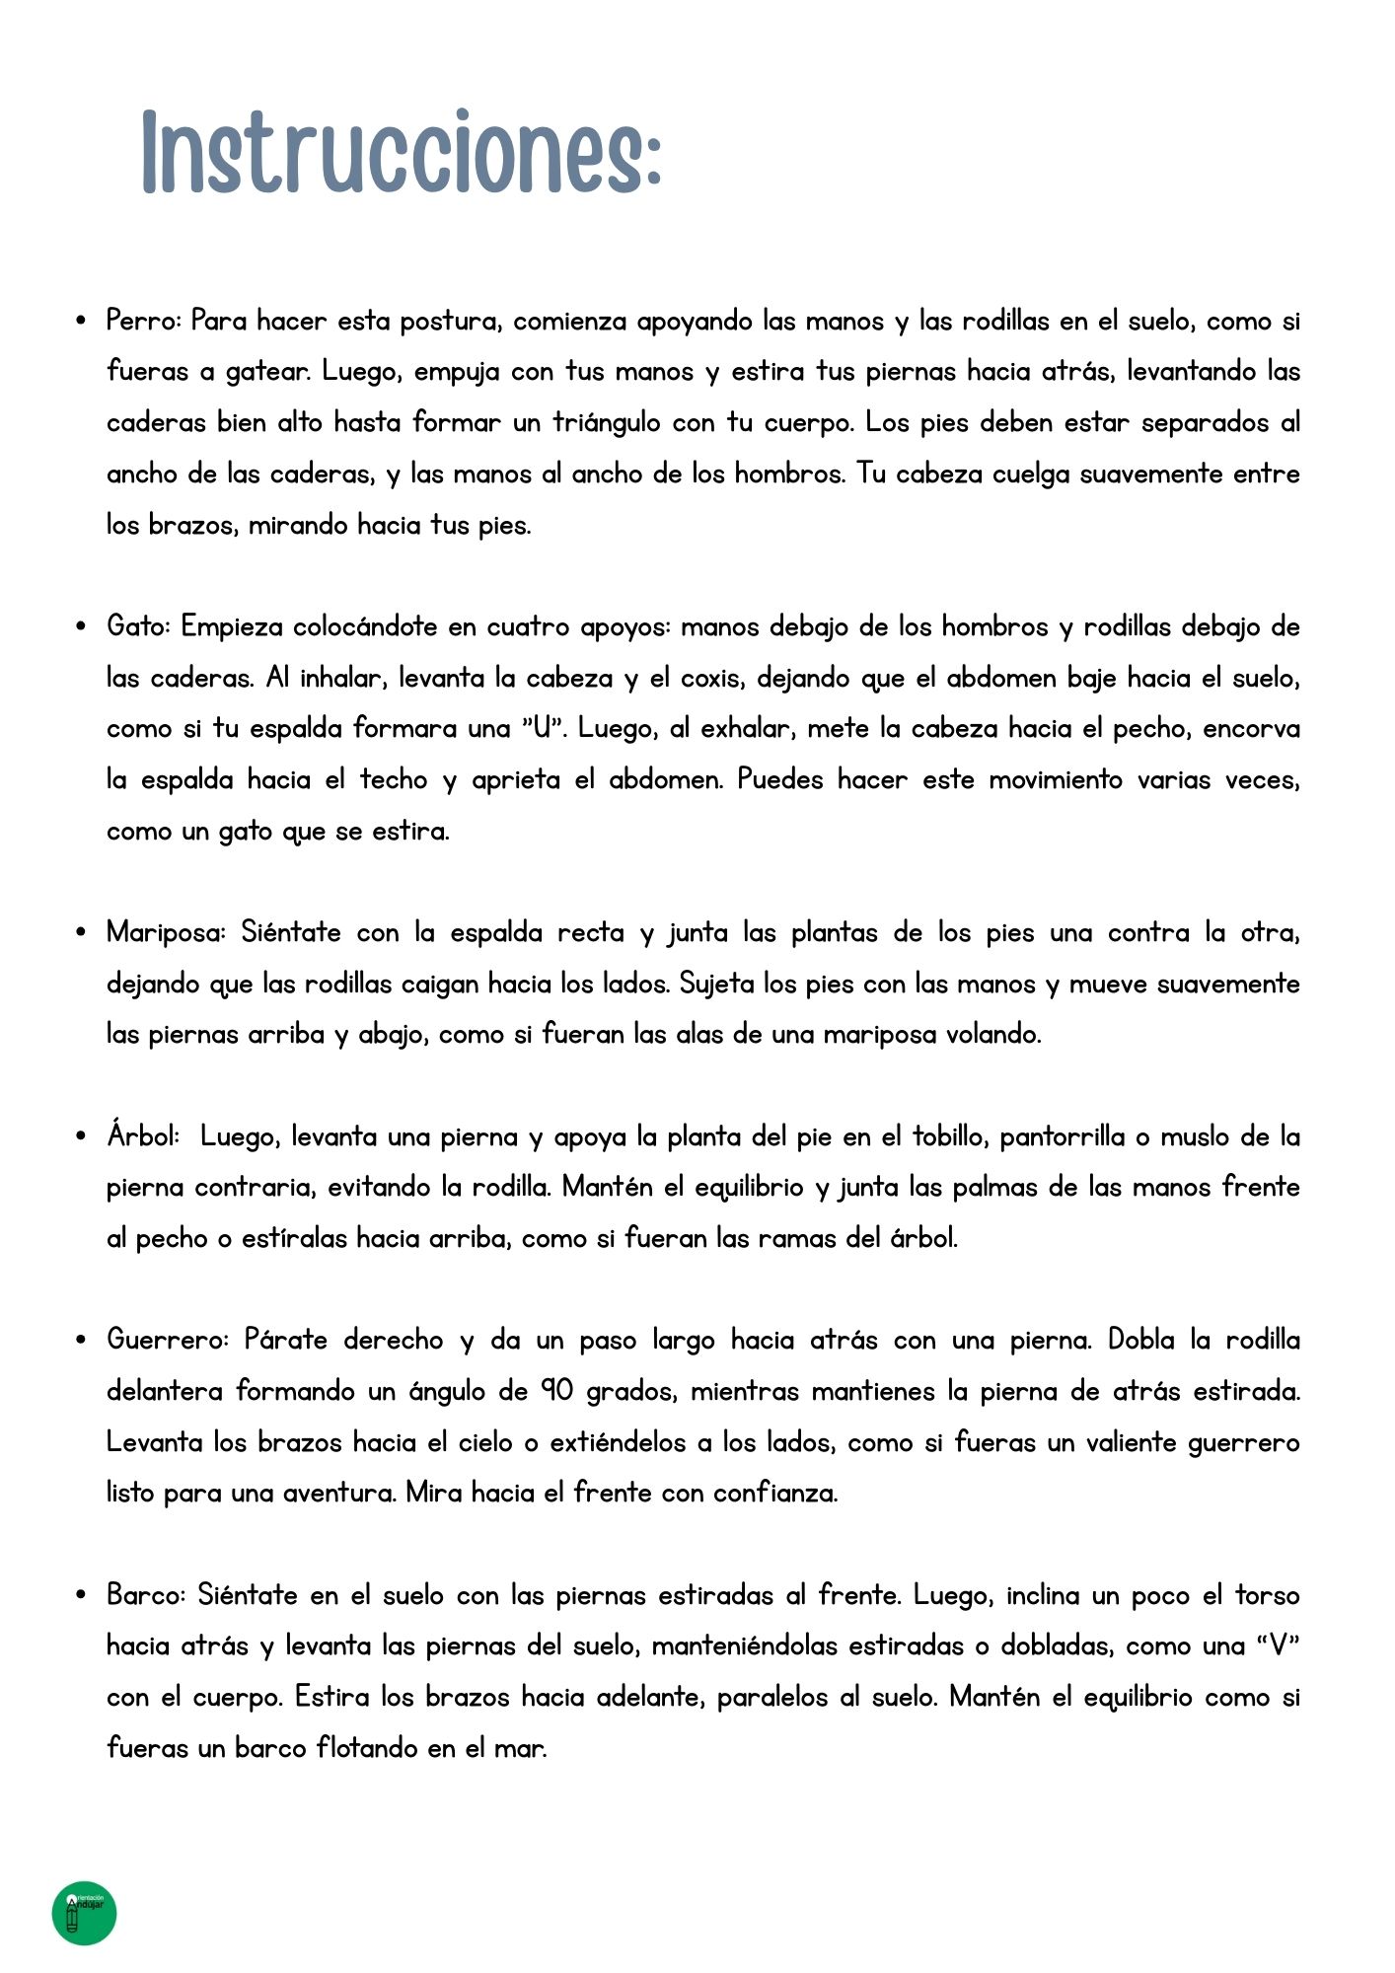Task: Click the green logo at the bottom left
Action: (x=85, y=1914)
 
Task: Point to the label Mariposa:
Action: (x=167, y=932)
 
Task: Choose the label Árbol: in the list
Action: (x=143, y=1136)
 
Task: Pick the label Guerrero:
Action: (x=168, y=1340)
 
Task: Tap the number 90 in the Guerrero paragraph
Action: (x=556, y=1391)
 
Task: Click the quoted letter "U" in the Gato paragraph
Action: (x=543, y=728)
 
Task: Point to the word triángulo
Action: (x=607, y=422)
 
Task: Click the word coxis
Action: (x=710, y=678)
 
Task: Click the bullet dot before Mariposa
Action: (x=82, y=932)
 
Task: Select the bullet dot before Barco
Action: (x=82, y=1595)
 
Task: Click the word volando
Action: (x=992, y=1034)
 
